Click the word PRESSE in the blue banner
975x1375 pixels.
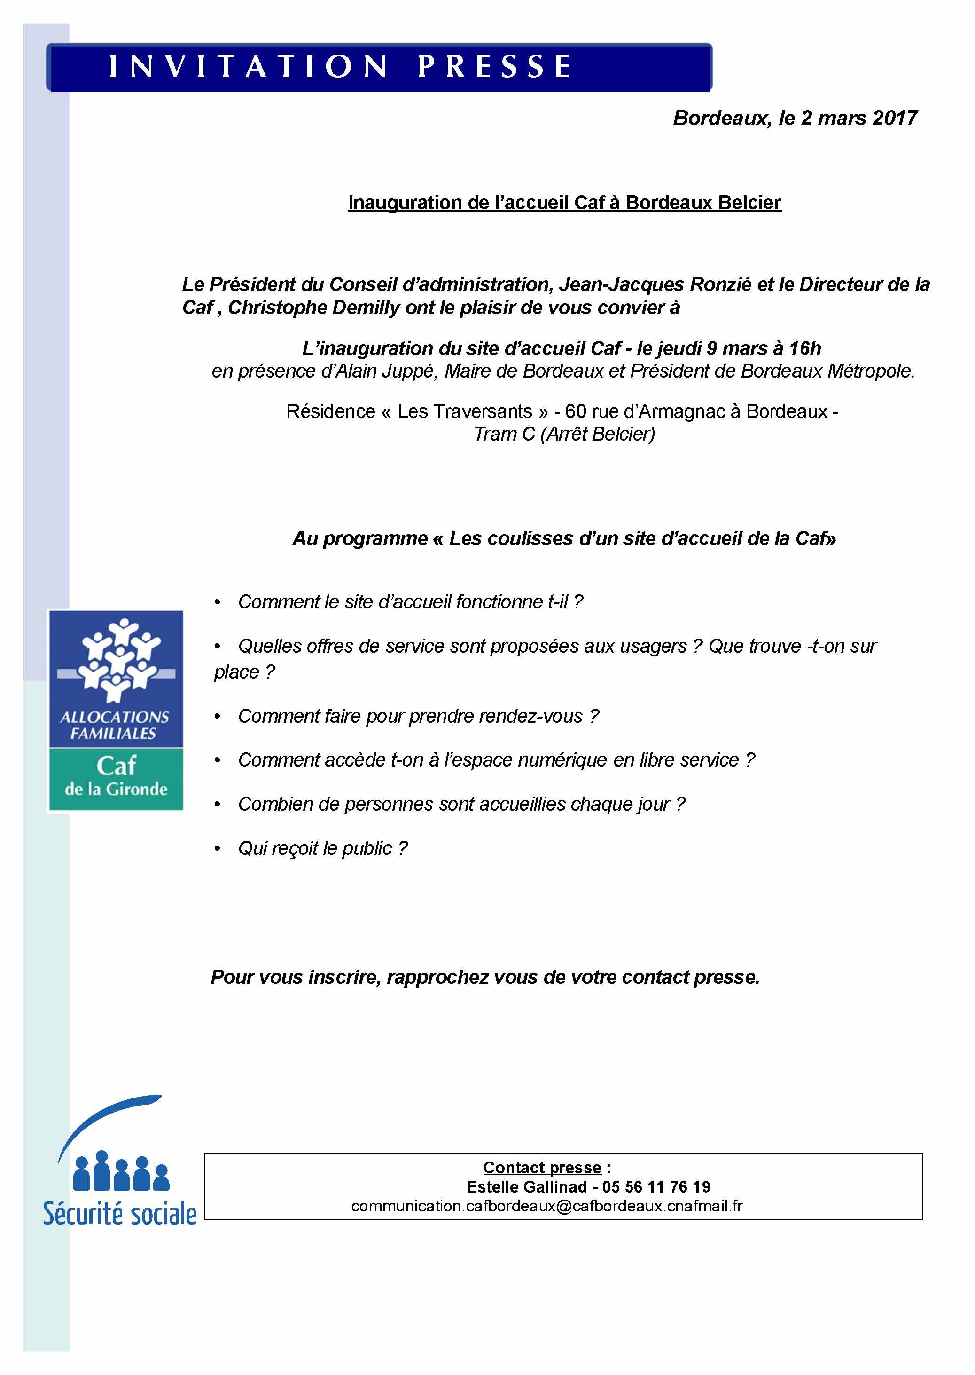(x=494, y=66)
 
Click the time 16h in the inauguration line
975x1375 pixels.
(x=805, y=348)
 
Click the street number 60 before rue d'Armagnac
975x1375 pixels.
(x=575, y=411)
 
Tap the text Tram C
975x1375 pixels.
(x=504, y=435)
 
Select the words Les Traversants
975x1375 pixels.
(x=464, y=411)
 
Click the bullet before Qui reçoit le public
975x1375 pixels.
(x=218, y=849)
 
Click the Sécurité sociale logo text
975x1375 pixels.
(x=119, y=1215)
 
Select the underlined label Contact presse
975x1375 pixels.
(x=541, y=1168)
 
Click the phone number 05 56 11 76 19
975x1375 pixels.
(x=656, y=1187)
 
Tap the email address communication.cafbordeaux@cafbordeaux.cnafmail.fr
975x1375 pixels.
(x=546, y=1206)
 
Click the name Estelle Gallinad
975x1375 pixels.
(x=527, y=1187)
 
